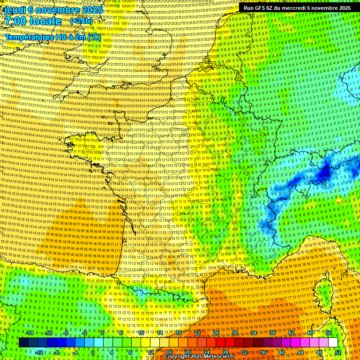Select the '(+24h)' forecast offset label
81,21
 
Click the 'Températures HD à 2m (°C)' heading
52,37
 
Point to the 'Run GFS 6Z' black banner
297,8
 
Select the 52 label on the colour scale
338,352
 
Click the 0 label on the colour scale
93,352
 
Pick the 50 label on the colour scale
329,333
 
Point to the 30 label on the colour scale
234,333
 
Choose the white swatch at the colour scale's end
333,343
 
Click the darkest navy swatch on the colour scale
23,343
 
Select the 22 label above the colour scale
197,333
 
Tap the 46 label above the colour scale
310,333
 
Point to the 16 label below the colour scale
169,352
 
